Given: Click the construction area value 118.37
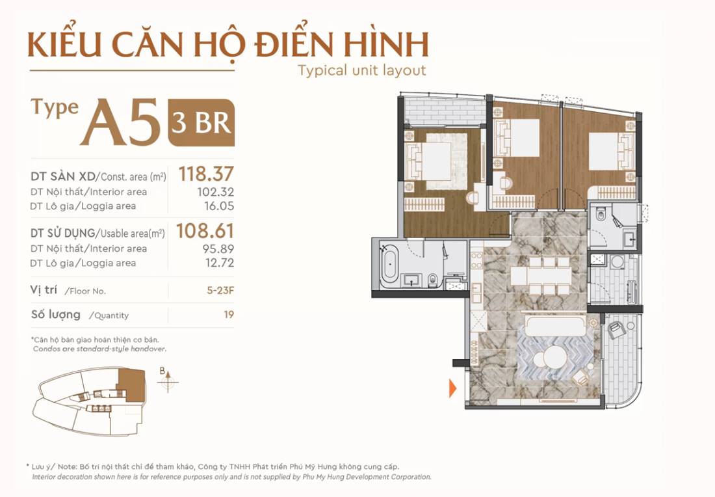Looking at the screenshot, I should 206,174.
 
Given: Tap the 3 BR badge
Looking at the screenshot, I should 201,122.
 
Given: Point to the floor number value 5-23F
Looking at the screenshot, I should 220,291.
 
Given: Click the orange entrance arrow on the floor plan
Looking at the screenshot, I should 453,388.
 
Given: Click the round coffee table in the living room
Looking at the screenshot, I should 554,356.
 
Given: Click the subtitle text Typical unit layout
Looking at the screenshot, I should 361,70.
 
